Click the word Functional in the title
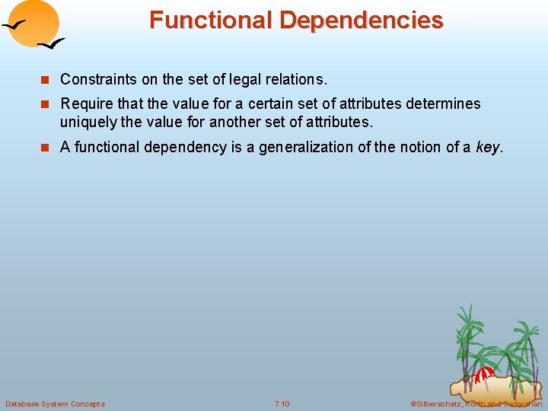[212, 20]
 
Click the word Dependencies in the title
[362, 20]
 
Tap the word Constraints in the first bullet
[97, 79]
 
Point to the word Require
[85, 104]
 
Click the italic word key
[488, 147]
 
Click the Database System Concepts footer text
[55, 403]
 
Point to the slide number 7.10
[282, 403]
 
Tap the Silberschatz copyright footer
[476, 403]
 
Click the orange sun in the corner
[34, 22]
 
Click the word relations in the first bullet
[299, 79]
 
